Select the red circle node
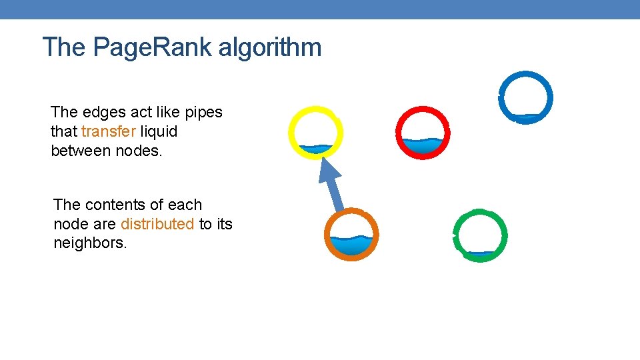(x=423, y=132)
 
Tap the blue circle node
(x=525, y=97)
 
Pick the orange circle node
(x=351, y=235)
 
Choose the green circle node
(x=480, y=235)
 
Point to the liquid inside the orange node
(x=351, y=245)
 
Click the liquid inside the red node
(x=423, y=145)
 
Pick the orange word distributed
(x=157, y=224)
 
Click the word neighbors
(x=89, y=243)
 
